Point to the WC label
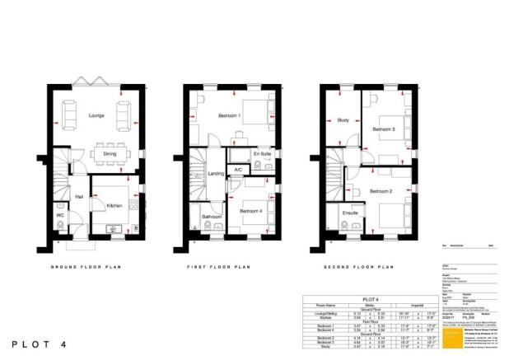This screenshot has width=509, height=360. pos(59,216)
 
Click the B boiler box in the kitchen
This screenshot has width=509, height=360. pos(136,227)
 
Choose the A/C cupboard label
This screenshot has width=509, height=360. pos(238,170)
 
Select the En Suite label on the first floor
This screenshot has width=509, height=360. pos(262,154)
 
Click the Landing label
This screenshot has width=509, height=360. pos(217,174)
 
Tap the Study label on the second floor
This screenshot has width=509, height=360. pos(343,120)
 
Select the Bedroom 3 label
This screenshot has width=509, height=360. pos(384,129)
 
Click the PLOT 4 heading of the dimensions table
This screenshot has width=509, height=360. pos(371,300)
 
